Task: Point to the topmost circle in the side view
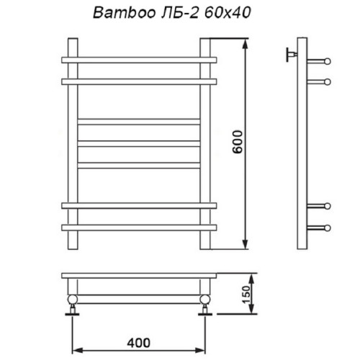pos(327,61)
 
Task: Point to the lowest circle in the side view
pos(327,228)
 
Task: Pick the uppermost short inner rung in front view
pos(139,120)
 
